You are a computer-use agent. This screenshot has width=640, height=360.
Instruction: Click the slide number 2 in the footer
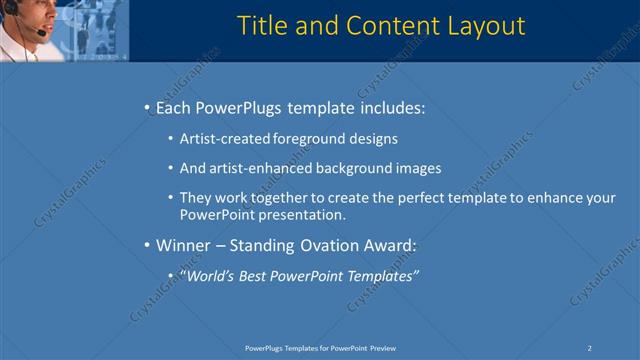coord(590,347)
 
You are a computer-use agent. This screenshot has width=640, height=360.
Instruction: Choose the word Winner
coord(184,245)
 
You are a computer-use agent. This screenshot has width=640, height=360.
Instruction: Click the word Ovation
coord(336,245)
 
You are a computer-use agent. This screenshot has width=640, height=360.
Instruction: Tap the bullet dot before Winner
coord(147,245)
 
